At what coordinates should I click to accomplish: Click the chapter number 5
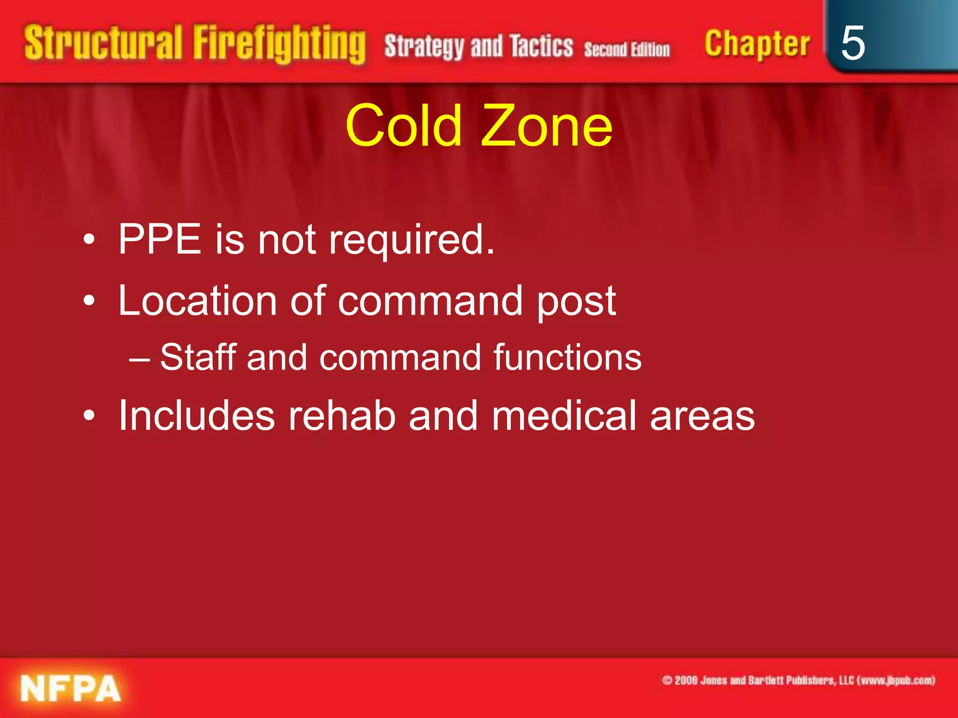tap(853, 43)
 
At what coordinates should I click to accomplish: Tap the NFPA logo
tap(71, 689)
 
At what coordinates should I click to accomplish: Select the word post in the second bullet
tap(576, 302)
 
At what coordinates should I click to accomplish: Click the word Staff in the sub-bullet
tap(198, 357)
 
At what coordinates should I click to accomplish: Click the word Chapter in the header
tap(757, 44)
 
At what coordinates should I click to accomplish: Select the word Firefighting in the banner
tap(279, 44)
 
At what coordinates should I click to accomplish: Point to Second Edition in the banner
tap(627, 49)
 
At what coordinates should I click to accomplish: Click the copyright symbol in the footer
tap(667, 680)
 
